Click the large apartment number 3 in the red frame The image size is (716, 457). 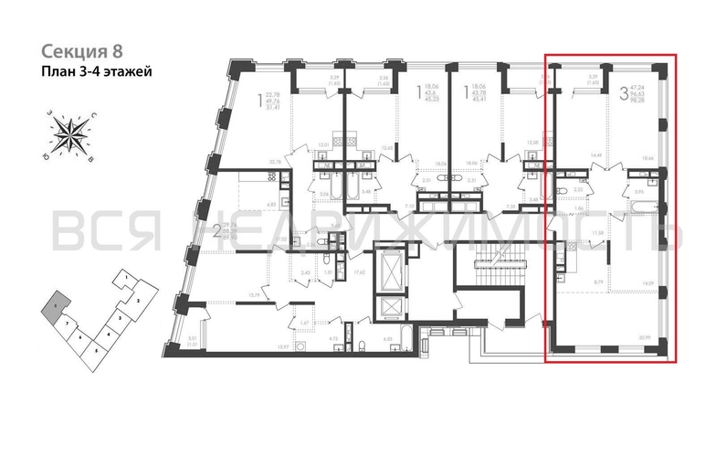click(624, 92)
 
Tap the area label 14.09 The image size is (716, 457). click(647, 283)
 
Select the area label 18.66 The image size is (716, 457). click(648, 158)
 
